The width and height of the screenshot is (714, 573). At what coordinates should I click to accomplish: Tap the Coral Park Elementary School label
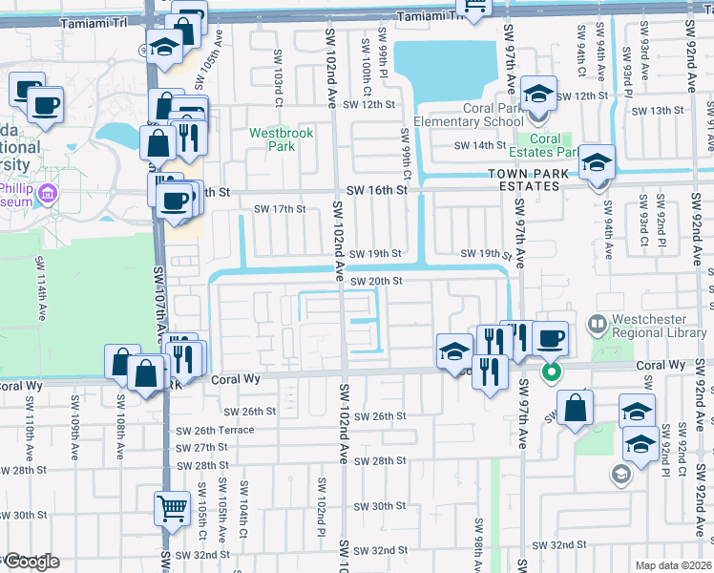point(493,116)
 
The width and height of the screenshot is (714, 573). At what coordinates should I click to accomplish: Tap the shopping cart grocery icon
point(172,507)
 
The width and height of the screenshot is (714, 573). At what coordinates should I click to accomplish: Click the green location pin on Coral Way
point(551,371)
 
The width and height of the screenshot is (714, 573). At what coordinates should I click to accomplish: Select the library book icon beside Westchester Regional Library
point(598,325)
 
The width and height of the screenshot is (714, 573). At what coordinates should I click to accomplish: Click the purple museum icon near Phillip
point(49,195)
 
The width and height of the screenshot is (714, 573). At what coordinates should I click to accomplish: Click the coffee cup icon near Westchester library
point(550,337)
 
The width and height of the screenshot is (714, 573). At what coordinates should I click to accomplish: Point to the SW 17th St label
point(279,209)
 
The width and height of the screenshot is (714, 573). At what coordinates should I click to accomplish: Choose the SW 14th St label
point(479,145)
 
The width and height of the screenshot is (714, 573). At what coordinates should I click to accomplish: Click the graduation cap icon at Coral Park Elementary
point(538,95)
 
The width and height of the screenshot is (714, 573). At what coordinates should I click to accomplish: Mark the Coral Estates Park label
point(553,145)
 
